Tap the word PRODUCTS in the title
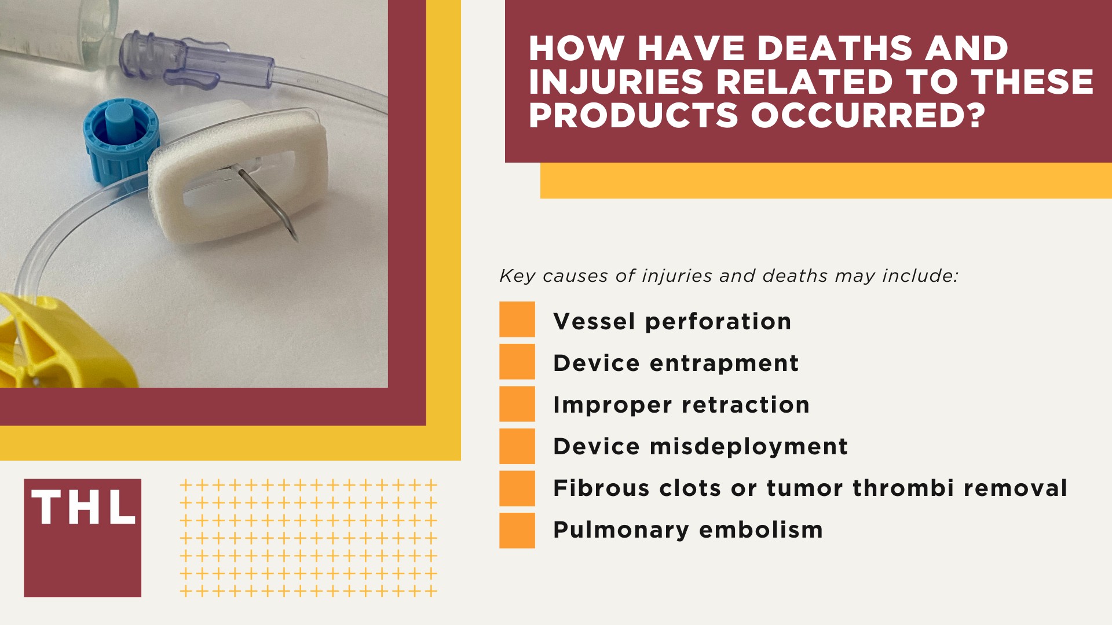(x=633, y=115)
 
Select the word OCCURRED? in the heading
(x=868, y=115)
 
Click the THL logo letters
(x=83, y=508)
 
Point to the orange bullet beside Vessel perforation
(x=517, y=319)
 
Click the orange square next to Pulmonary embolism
(x=517, y=530)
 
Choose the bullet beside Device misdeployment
(x=517, y=446)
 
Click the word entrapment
(x=724, y=363)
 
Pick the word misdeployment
(x=749, y=447)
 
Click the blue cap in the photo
(x=120, y=139)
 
